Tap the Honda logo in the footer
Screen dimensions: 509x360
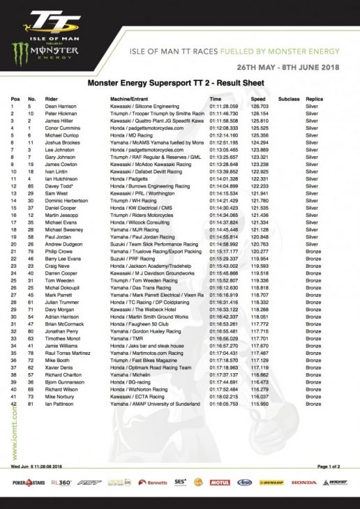pos(303,482)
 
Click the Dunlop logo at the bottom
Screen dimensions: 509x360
pos(275,482)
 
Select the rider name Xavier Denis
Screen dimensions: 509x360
pos(59,367)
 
